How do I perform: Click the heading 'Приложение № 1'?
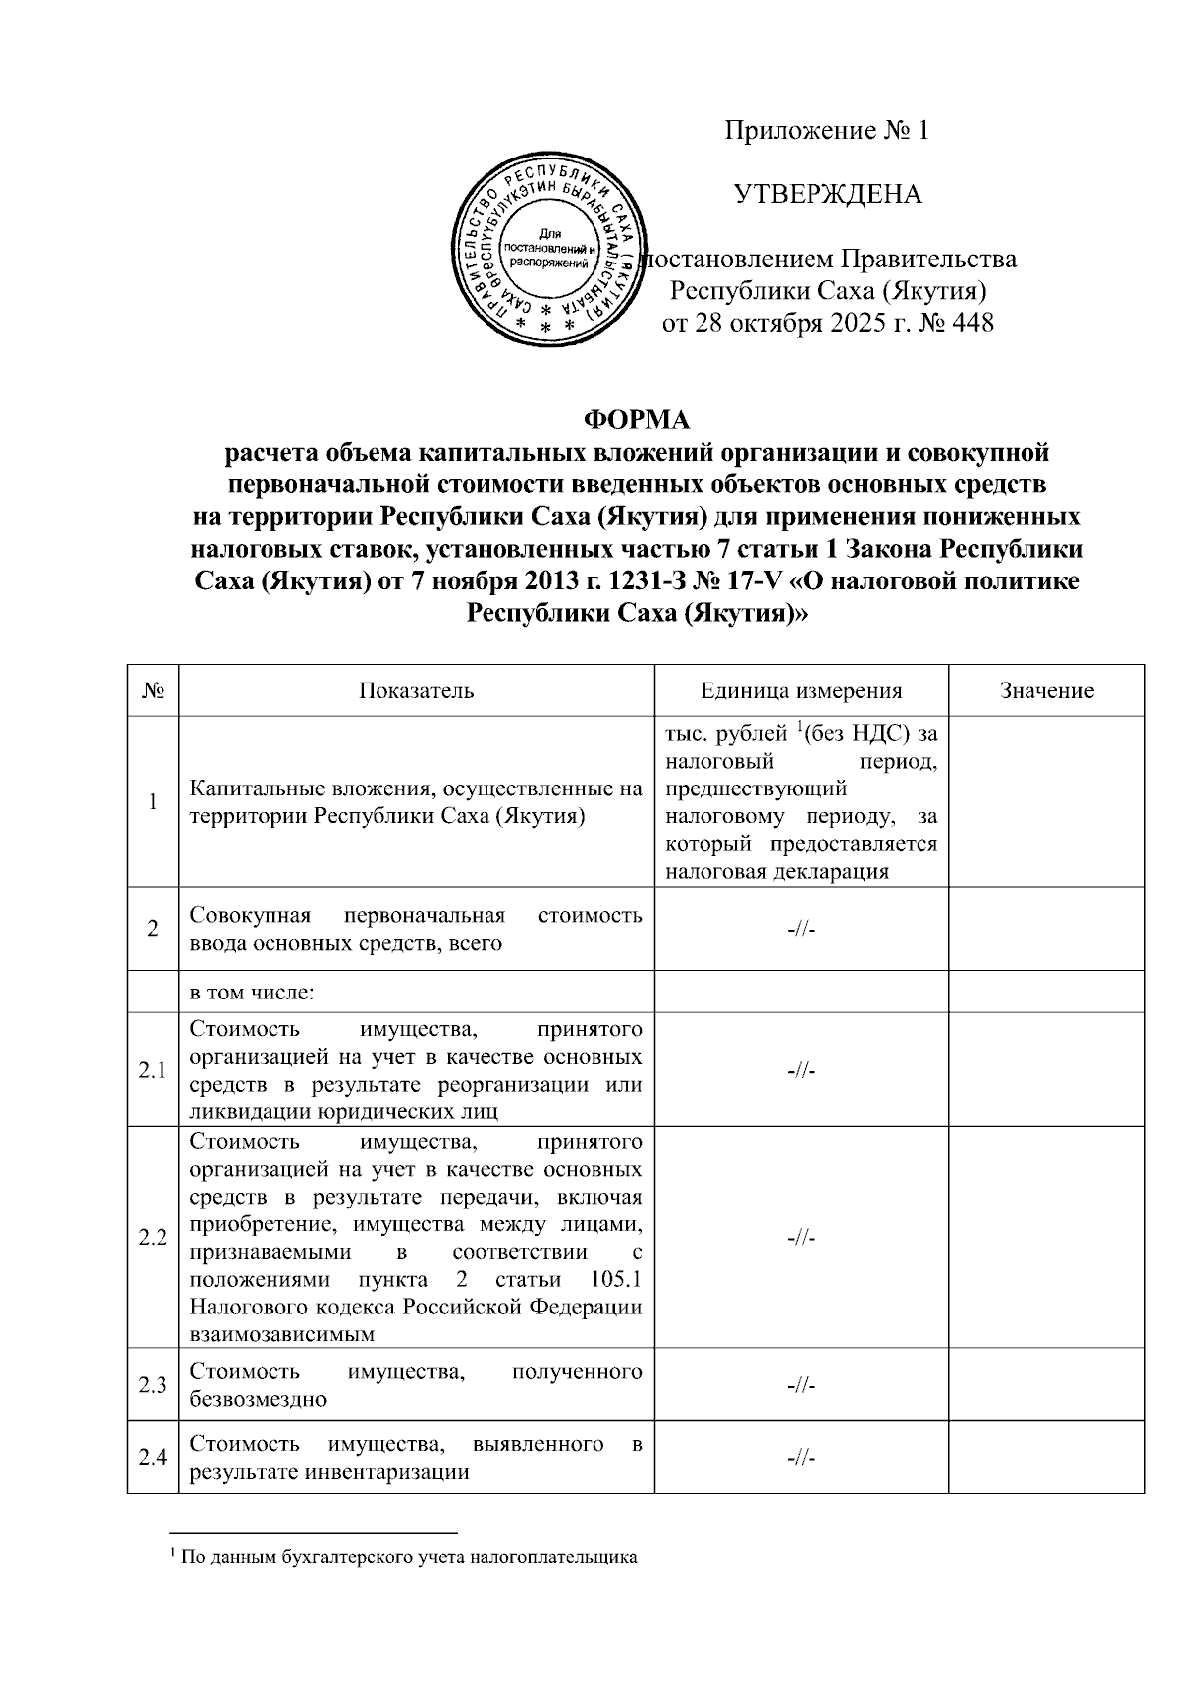point(827,131)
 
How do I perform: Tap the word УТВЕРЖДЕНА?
point(827,194)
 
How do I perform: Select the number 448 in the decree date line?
point(971,323)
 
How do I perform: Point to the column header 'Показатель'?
point(416,690)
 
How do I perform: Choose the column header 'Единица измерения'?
point(801,690)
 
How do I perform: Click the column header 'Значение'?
point(1046,690)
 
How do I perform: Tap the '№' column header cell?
point(153,690)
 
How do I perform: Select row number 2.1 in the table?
point(153,1070)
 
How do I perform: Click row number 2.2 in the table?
point(153,1238)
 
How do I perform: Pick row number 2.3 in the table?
point(153,1384)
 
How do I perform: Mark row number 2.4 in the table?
point(153,1457)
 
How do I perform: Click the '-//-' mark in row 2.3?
point(801,1384)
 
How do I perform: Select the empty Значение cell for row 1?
point(1046,801)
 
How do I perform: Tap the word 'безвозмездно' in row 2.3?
point(258,1399)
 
